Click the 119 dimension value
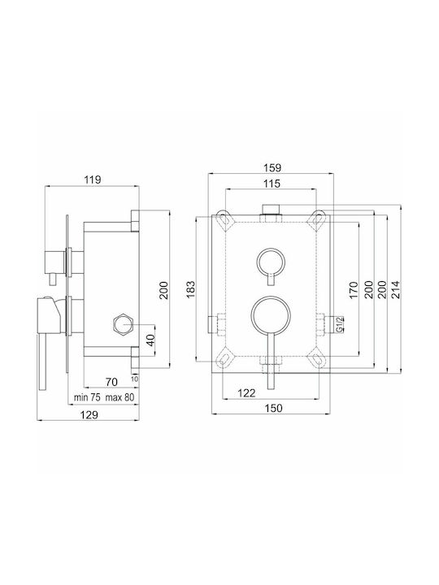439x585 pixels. click(92, 180)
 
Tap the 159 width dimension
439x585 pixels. click(273, 168)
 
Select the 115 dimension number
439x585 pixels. click(272, 184)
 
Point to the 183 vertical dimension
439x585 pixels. click(191, 288)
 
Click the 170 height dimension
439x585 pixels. click(354, 290)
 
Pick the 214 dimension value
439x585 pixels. click(395, 289)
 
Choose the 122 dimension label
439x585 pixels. click(247, 392)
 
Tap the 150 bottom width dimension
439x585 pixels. click(274, 408)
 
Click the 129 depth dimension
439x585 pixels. click(89, 414)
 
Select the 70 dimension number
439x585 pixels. click(111, 382)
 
